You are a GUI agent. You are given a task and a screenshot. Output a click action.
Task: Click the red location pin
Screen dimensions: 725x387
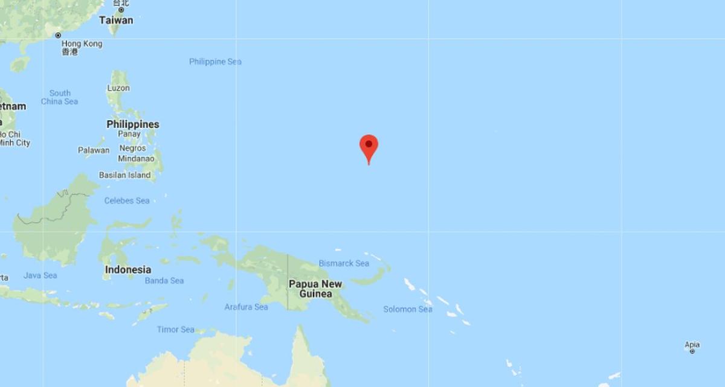tap(369, 146)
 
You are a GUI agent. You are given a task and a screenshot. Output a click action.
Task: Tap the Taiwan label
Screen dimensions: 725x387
tap(116, 20)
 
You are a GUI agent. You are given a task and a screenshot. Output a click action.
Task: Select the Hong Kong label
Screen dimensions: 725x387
tap(82, 43)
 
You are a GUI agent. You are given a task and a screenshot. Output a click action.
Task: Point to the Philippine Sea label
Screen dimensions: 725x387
tap(215, 62)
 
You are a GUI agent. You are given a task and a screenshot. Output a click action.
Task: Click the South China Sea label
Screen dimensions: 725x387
tap(60, 97)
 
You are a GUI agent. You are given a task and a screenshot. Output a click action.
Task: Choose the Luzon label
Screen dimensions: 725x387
tap(118, 88)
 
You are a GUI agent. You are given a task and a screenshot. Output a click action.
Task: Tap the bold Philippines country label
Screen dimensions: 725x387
tap(133, 124)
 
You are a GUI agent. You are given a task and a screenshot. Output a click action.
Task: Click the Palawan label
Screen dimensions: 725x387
tap(94, 150)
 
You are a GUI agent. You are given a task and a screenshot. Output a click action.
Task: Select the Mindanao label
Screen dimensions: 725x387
tap(136, 159)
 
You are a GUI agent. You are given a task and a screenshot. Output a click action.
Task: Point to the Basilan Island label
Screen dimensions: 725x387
tap(124, 175)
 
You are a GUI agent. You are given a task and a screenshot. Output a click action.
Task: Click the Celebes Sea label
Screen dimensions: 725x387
tap(127, 200)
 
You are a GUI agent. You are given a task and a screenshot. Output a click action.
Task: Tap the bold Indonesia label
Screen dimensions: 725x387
tap(128, 270)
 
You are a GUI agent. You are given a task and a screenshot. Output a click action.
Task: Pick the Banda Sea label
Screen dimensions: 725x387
tap(164, 281)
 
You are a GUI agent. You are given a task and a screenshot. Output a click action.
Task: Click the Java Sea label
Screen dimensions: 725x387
tap(40, 275)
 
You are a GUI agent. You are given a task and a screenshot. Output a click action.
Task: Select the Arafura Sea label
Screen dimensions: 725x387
tap(246, 307)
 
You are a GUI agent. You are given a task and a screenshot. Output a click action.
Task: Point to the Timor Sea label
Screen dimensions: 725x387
tap(176, 330)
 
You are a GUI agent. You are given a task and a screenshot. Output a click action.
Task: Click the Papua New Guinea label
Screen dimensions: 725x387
tap(315, 289)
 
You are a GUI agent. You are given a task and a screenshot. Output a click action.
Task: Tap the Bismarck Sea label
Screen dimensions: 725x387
tap(344, 263)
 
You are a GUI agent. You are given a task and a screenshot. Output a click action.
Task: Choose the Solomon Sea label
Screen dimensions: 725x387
tap(408, 309)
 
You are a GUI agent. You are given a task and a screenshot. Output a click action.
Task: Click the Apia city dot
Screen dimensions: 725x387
tap(692, 351)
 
